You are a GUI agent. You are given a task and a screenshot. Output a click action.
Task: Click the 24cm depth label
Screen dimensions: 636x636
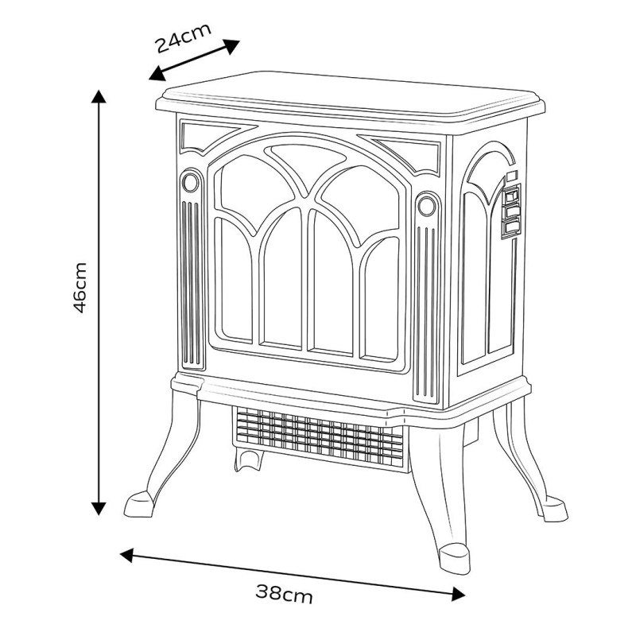point(184,37)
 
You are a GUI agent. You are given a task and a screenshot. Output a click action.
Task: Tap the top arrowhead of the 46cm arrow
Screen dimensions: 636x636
point(99,97)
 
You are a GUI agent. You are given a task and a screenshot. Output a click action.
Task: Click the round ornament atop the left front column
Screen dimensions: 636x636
point(191,182)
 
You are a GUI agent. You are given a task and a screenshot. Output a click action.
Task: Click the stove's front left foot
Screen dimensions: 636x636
point(141,503)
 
